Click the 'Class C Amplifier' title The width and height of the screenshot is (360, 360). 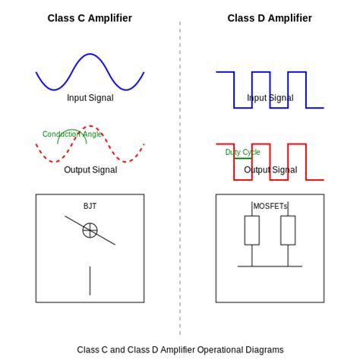90,18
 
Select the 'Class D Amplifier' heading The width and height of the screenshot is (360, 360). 270,18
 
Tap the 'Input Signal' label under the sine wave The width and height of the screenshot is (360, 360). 90,98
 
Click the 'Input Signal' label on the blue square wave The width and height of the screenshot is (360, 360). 270,98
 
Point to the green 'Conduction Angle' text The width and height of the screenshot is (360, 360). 71,134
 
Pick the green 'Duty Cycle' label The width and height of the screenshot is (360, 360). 242,153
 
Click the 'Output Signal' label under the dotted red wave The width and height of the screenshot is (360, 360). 90,170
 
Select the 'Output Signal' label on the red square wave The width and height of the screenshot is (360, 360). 270,170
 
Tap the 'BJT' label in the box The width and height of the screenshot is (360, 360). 90,206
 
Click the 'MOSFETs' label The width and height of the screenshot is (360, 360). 270,206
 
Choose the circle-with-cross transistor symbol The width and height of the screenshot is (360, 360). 90,230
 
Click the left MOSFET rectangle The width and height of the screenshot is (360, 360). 252,230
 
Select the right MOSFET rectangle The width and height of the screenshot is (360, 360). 288,230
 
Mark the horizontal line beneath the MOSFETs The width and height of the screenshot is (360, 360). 270,267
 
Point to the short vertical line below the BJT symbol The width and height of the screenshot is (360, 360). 90,280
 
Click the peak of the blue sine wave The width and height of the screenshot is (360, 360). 90,55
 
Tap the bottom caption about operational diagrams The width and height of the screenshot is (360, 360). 180,350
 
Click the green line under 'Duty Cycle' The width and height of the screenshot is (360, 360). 242,158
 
